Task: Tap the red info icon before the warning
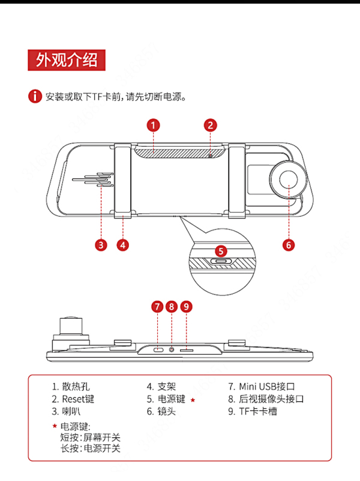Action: click(x=36, y=97)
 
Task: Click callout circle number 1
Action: click(x=154, y=125)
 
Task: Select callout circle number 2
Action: click(x=210, y=125)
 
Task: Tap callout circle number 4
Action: click(x=123, y=244)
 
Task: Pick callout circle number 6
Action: click(x=289, y=244)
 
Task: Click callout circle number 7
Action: click(x=157, y=307)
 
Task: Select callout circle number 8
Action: click(x=172, y=307)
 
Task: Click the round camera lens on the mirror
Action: click(x=287, y=179)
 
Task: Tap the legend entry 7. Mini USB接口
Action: click(x=261, y=387)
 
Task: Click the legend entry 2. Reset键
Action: click(x=73, y=399)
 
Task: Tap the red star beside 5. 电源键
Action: click(x=193, y=400)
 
